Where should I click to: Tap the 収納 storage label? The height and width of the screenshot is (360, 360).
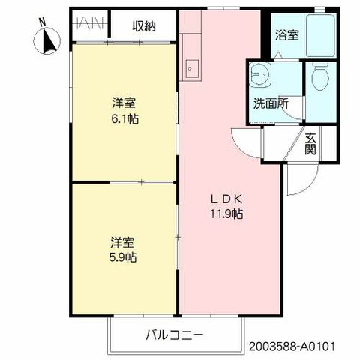(x=144, y=27)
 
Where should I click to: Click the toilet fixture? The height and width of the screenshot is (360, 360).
(x=320, y=78)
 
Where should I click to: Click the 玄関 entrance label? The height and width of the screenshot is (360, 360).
(x=310, y=142)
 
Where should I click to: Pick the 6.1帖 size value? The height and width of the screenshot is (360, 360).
(x=124, y=118)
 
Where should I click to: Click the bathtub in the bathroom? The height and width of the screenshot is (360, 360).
(x=318, y=33)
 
